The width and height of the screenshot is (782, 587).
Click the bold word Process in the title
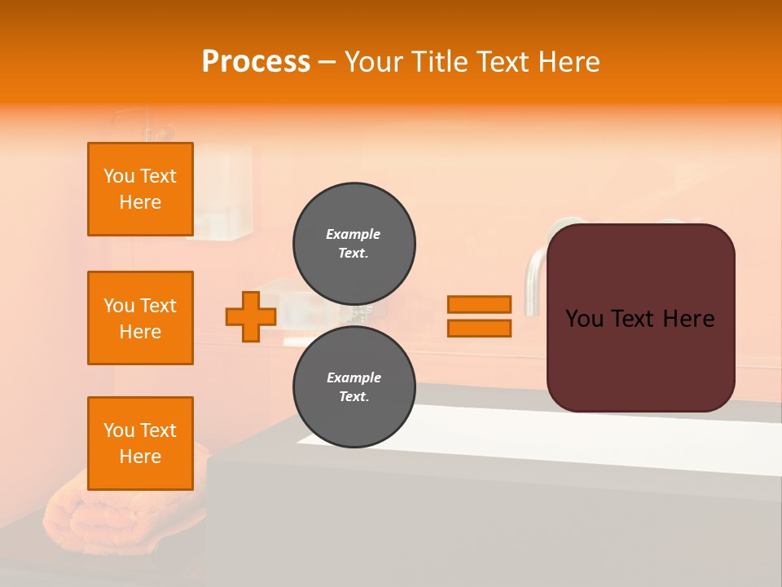tap(256, 62)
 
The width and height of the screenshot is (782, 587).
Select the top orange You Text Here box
tap(140, 189)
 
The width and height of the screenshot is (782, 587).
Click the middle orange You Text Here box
tap(140, 318)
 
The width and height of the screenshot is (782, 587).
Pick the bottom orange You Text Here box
tap(140, 444)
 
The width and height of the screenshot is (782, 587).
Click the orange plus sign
tap(251, 316)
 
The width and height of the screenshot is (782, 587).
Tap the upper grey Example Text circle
tap(354, 243)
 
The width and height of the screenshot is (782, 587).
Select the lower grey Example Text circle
tap(354, 386)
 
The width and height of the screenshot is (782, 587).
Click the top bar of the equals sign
tap(480, 304)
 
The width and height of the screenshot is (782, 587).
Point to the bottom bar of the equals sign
tap(480, 328)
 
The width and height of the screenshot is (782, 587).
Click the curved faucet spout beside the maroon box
tap(534, 277)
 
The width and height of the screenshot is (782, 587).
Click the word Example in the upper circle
tap(353, 234)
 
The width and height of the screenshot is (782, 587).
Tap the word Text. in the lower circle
tap(354, 396)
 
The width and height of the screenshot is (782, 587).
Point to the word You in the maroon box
tap(585, 319)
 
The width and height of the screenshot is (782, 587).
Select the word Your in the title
tap(374, 62)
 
